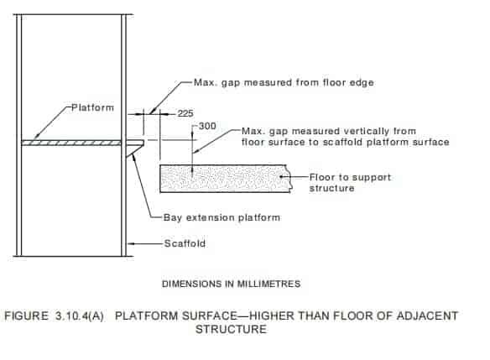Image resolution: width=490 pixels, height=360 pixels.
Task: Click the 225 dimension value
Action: (x=185, y=113)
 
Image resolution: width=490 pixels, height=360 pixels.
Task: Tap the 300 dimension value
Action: (x=207, y=126)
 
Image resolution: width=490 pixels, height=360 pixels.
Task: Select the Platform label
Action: (x=93, y=107)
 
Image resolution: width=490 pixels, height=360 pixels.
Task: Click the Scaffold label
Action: (x=185, y=243)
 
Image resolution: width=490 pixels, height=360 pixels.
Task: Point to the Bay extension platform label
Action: (x=222, y=217)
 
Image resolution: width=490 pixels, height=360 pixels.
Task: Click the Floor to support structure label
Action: (x=350, y=183)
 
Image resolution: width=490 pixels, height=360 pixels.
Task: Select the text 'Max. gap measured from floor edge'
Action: (x=284, y=82)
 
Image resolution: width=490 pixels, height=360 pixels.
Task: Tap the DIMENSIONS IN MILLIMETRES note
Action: (x=232, y=284)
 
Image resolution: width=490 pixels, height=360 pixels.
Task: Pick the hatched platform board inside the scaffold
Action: (x=71, y=143)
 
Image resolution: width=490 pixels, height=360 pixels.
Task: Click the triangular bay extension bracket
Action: (x=135, y=148)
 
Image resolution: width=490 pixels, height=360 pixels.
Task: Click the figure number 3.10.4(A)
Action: (x=80, y=316)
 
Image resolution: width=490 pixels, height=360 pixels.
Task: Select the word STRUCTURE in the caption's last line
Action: (x=232, y=329)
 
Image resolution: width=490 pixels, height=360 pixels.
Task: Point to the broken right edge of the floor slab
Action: (x=290, y=179)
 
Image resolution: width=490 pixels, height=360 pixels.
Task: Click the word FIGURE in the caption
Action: (x=26, y=316)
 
